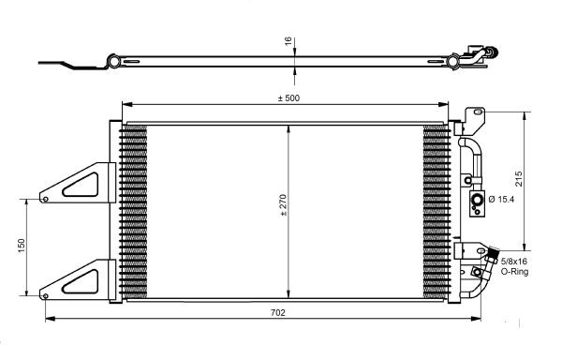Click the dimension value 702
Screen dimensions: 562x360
pyautogui.click(x=278, y=313)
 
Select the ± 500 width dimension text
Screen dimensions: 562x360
pyautogui.click(x=288, y=98)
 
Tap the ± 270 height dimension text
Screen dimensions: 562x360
pyautogui.click(x=283, y=205)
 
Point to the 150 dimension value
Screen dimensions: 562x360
pyautogui.click(x=22, y=246)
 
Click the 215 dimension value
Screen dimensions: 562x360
pyautogui.click(x=519, y=179)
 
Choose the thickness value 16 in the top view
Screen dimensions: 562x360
pyautogui.click(x=288, y=42)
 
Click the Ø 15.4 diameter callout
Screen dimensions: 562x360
pyautogui.click(x=501, y=199)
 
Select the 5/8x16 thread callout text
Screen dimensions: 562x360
pyautogui.click(x=514, y=261)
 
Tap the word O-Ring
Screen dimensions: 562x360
pyautogui.click(x=514, y=272)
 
